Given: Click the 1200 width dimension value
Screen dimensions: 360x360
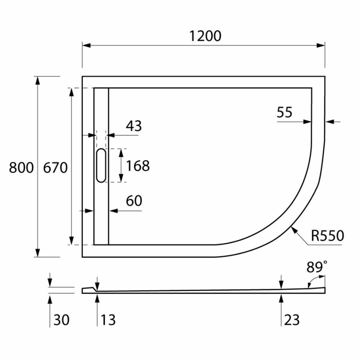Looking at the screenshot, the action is tap(204, 36).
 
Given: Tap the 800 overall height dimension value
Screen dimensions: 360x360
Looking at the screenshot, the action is tap(21, 167).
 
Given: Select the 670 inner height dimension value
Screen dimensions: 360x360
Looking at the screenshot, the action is tap(55, 167).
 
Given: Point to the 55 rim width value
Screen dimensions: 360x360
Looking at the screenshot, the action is tap(284, 113).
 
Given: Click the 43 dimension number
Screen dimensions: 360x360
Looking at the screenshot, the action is tap(134, 126).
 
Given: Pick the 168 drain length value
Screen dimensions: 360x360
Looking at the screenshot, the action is tap(138, 166).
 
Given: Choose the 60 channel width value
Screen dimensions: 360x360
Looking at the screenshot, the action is tap(134, 201).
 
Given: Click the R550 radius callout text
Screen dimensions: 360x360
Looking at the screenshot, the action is tap(328, 235).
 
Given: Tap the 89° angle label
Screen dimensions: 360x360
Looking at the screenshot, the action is tap(317, 267).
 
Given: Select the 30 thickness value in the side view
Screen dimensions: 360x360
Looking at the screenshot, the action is tap(61, 319).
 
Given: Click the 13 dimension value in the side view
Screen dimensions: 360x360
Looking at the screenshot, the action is tap(108, 319).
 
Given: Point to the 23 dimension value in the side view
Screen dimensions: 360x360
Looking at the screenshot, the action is tap(292, 319).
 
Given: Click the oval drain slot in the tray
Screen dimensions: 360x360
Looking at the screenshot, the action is tap(101, 165).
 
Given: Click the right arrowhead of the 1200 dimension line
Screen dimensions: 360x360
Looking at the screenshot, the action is tap(321, 45).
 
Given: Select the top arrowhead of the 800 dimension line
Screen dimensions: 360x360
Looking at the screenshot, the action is tap(37, 80).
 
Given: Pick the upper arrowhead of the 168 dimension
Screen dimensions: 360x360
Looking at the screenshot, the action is tap(121, 152).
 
